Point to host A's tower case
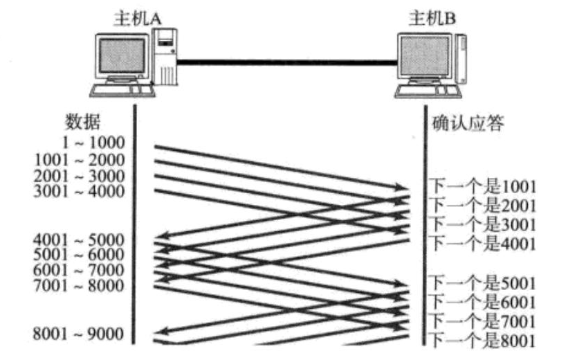tap(166, 59)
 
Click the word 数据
tap(82, 123)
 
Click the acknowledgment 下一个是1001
tap(484, 186)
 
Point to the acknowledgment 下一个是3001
tap(484, 224)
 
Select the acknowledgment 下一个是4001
tap(484, 243)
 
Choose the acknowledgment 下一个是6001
tap(484, 301)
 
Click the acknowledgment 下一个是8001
tap(484, 340)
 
